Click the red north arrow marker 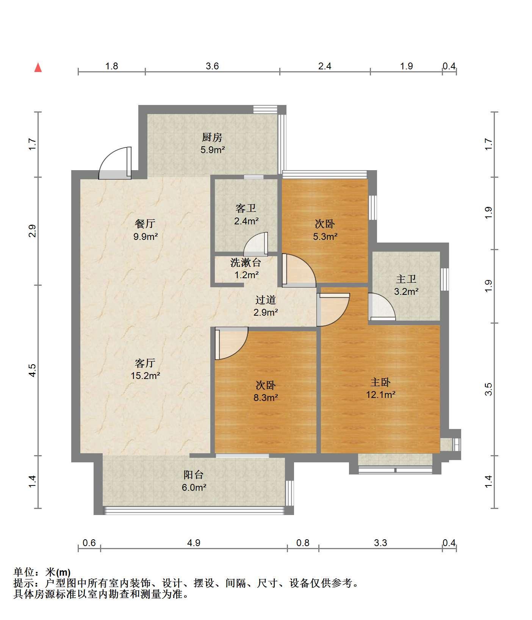[x=38, y=68]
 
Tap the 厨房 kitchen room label [x=212, y=137]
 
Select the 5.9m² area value [x=213, y=150]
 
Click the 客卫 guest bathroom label [x=246, y=208]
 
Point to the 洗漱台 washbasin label [x=246, y=262]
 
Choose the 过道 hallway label [x=266, y=300]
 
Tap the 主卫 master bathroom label [x=406, y=279]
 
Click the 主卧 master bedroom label [x=380, y=382]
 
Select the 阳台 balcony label [x=194, y=475]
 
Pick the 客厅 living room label [x=145, y=363]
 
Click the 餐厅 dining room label [x=145, y=224]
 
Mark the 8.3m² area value [x=266, y=398]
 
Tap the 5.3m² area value [x=325, y=236]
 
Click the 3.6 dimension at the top [x=212, y=66]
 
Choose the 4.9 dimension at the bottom [x=194, y=543]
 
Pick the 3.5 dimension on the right [x=488, y=389]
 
